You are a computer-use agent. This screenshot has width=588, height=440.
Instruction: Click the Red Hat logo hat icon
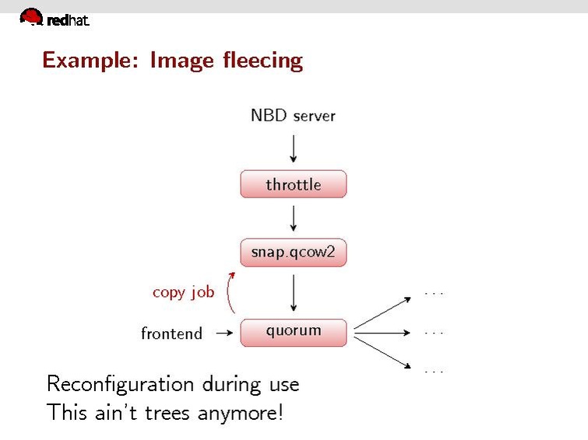tap(31, 16)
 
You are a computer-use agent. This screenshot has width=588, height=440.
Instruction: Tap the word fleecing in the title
tap(263, 60)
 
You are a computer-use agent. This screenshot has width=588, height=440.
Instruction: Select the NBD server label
tap(293, 116)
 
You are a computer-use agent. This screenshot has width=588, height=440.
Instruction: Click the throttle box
tap(293, 185)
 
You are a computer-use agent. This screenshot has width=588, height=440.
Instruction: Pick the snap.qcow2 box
tap(293, 253)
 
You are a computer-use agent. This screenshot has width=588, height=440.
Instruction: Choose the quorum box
tap(293, 332)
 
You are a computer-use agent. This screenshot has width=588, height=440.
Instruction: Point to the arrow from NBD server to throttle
tap(293, 148)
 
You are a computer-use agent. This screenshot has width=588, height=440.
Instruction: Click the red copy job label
tap(183, 292)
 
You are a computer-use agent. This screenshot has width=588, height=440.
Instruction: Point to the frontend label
tap(171, 333)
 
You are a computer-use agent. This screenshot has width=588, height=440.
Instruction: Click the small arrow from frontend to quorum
tap(224, 333)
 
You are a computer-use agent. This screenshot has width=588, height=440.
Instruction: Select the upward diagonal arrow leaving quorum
tap(382, 313)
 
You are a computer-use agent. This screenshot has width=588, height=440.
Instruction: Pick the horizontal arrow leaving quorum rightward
tap(382, 333)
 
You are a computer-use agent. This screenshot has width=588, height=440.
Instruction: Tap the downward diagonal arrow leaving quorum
tap(382, 351)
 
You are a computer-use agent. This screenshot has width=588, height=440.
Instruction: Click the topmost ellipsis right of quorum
tap(434, 294)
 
